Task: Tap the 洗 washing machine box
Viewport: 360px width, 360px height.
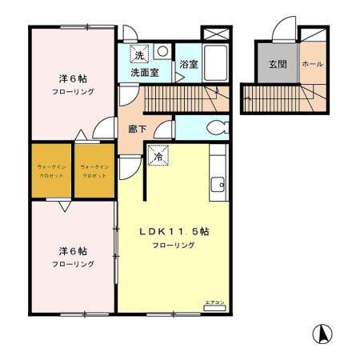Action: click(x=140, y=55)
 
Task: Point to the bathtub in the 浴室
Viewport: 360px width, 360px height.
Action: click(x=215, y=60)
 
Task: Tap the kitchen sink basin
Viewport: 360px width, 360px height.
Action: click(x=216, y=186)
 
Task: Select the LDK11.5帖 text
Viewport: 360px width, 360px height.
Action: click(x=174, y=231)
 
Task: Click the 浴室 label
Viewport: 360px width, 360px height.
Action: click(x=188, y=64)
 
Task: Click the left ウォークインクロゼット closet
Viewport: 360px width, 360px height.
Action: click(x=51, y=170)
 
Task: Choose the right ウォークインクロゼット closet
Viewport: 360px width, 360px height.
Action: click(x=94, y=170)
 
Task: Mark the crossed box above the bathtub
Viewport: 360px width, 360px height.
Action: click(x=215, y=34)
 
